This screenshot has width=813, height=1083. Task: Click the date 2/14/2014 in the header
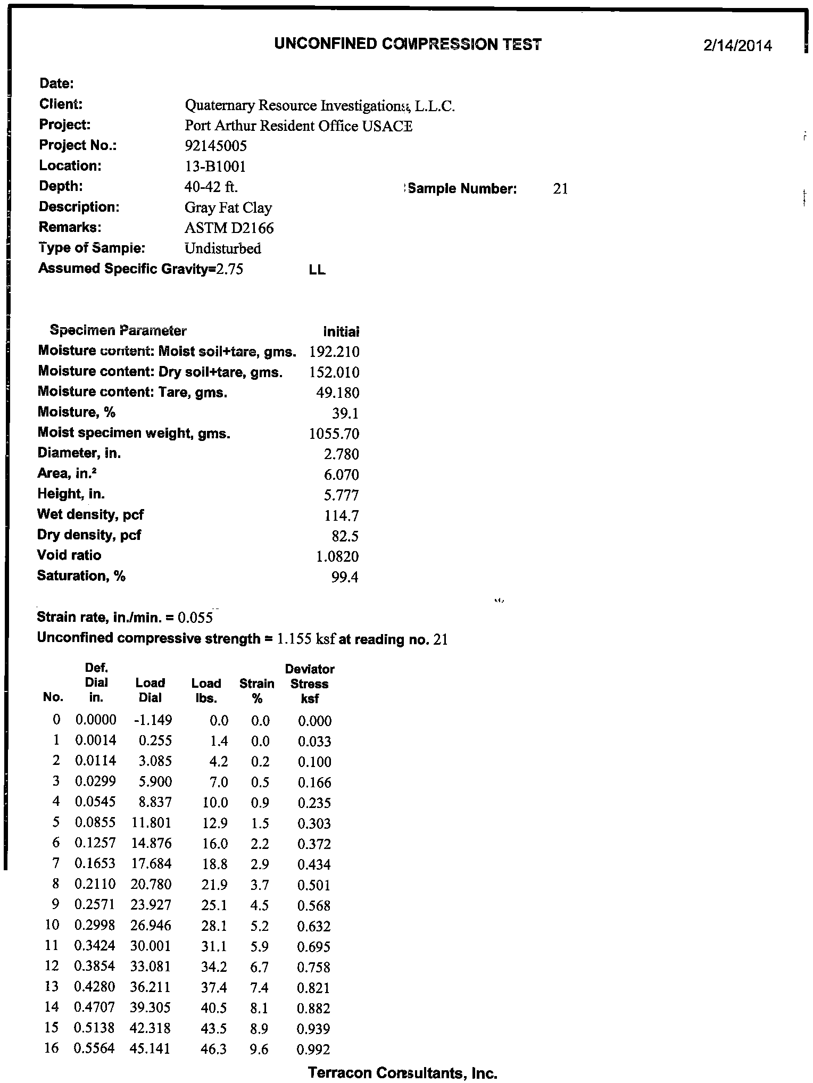click(737, 46)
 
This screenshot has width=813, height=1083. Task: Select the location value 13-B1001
click(215, 166)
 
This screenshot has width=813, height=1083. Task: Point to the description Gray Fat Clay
click(228, 207)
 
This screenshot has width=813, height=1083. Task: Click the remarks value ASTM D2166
click(229, 228)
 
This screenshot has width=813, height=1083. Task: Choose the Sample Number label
click(462, 188)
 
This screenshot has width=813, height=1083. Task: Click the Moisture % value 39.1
click(345, 413)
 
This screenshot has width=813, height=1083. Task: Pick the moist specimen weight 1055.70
click(334, 434)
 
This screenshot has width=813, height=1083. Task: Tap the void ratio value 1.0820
click(337, 556)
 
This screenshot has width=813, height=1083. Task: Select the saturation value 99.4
click(345, 577)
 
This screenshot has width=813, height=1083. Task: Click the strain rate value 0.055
click(195, 618)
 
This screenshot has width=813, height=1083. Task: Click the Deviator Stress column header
click(310, 684)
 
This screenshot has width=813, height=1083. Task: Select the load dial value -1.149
click(153, 720)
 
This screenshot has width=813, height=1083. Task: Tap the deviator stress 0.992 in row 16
click(314, 1049)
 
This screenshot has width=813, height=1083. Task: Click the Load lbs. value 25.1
click(215, 905)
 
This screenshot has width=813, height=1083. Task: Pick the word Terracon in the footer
click(339, 1073)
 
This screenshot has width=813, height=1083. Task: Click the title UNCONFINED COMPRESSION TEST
click(408, 44)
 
